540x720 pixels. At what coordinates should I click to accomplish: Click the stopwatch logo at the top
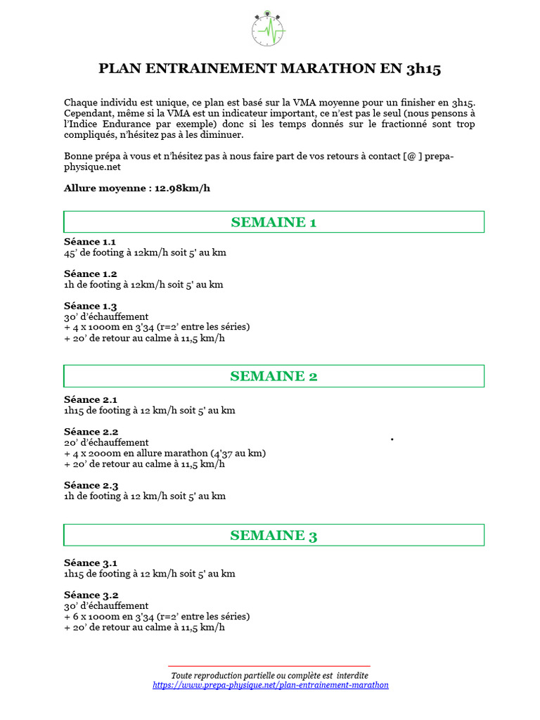coord(269,28)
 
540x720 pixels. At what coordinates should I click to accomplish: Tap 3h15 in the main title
coord(423,69)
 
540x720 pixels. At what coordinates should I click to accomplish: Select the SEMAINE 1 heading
coord(274,222)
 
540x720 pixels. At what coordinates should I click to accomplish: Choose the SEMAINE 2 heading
coord(274,376)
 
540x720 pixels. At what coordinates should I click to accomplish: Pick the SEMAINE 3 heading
coord(274,536)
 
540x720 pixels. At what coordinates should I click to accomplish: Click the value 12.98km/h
coord(181,188)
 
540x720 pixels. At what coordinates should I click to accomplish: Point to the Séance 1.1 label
coord(90,242)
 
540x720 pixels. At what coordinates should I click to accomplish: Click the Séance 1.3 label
coord(90,306)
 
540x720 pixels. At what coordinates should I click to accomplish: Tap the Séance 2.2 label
coord(91,432)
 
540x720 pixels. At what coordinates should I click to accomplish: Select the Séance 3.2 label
coord(91,595)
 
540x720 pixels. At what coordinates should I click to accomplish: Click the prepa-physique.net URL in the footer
coord(270,685)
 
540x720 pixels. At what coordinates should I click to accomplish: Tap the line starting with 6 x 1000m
coord(157,617)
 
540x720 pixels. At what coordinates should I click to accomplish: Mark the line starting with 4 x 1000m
coord(157,327)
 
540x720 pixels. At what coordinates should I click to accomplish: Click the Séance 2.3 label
coord(91,485)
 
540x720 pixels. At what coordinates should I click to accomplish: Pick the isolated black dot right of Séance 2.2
coord(392,439)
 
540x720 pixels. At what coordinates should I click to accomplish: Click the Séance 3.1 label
coord(90,562)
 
